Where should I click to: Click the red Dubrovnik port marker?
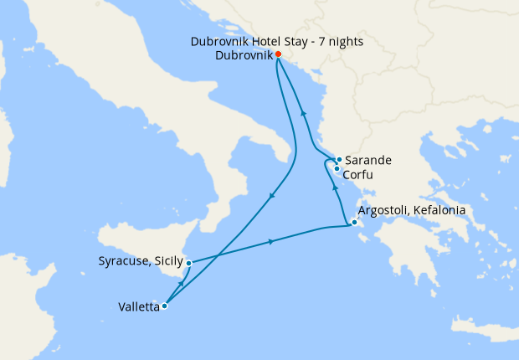[278, 54]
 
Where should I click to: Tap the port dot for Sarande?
[339, 160]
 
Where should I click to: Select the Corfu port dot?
[337, 169]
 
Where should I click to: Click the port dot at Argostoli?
[355, 223]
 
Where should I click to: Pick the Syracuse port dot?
[189, 263]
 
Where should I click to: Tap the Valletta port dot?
[164, 306]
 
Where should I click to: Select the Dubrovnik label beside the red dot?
[244, 55]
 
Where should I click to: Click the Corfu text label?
[358, 175]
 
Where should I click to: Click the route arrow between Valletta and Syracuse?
[182, 285]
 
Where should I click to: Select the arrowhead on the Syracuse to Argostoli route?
[271, 242]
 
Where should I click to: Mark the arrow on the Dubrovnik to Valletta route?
[272, 196]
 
